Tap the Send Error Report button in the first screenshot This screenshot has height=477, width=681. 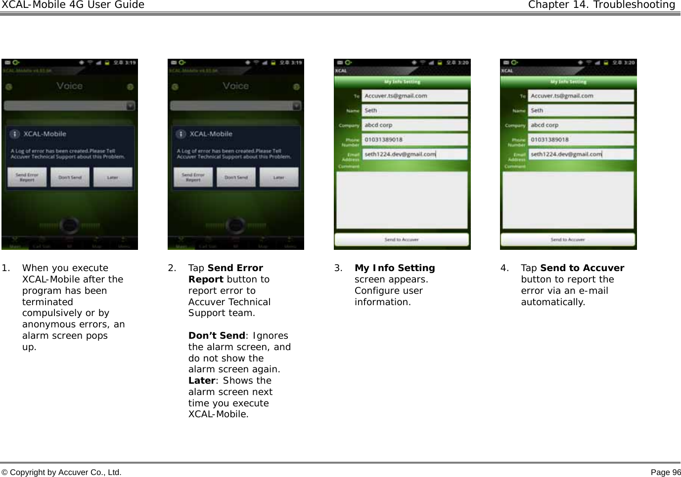pos(27,177)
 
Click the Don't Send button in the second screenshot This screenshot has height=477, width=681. pos(236,177)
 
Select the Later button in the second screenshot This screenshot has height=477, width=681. pos(279,177)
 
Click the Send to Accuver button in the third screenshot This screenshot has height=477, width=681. pos(402,239)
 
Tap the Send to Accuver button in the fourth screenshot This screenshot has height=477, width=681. pos(568,239)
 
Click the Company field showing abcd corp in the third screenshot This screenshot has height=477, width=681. pos(414,125)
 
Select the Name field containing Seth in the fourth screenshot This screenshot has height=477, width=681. pos(581,111)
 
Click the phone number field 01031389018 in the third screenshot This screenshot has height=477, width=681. pos(414,140)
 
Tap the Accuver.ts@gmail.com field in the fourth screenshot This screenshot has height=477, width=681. pos(581,96)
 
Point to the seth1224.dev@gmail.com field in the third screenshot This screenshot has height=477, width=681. pos(414,154)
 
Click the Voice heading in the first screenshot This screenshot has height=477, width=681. pos(69,86)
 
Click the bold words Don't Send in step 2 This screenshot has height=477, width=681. pos(217,336)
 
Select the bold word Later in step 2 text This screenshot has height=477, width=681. pos(202,381)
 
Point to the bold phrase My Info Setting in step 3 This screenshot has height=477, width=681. pos(395,268)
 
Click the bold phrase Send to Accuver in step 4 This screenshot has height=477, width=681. pos(582,268)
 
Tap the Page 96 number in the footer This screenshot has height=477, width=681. pos(666,473)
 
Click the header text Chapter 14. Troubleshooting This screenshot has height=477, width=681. pos(601,5)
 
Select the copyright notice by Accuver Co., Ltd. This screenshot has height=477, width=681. pos(61,473)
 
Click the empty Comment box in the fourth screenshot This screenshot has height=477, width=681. pos(568,200)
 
